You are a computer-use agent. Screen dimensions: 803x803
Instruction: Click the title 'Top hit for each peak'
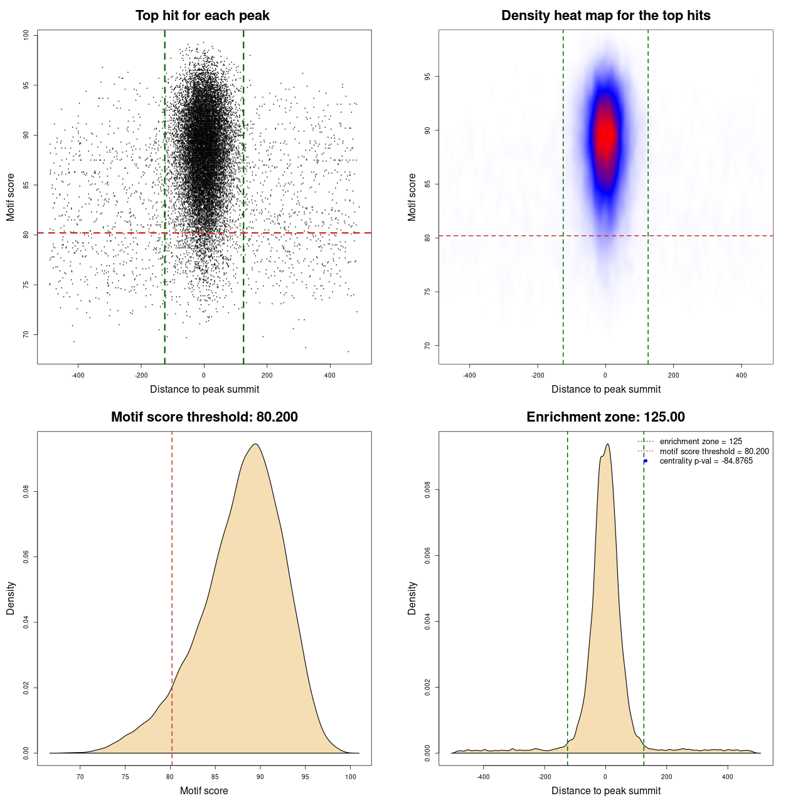(202, 16)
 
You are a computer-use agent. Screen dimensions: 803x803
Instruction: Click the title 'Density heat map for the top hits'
(605, 16)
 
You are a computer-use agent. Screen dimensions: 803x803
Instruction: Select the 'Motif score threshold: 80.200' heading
(204, 417)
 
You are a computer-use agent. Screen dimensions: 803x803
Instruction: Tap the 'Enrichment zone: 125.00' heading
(605, 417)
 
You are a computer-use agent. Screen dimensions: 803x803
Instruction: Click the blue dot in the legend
(646, 461)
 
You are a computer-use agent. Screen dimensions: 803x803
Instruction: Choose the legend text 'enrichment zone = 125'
(701, 442)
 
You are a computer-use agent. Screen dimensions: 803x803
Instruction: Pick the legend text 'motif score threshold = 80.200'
(714, 452)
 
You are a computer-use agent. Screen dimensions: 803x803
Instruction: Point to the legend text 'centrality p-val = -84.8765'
(706, 461)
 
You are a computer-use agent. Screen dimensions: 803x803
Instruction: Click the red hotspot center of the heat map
(606, 135)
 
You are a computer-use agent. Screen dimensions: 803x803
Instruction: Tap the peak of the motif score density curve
(255, 444)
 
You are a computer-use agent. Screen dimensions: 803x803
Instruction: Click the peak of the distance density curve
(607, 444)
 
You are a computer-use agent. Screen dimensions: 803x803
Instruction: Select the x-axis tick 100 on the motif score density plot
(351, 777)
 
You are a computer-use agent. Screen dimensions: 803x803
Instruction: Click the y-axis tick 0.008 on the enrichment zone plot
(428, 490)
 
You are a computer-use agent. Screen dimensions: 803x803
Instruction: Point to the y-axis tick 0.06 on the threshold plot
(26, 557)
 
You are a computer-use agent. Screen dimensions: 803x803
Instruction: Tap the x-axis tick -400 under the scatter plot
(78, 375)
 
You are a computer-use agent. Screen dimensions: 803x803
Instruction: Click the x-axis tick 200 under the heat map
(673, 375)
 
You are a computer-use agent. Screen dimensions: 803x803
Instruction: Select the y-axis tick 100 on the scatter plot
(26, 35)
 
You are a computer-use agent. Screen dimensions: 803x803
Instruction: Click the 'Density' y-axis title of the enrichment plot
(412, 598)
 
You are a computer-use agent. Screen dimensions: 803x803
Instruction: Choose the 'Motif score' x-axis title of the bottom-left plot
(204, 790)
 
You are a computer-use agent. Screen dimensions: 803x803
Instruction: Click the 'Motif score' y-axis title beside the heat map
(412, 197)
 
